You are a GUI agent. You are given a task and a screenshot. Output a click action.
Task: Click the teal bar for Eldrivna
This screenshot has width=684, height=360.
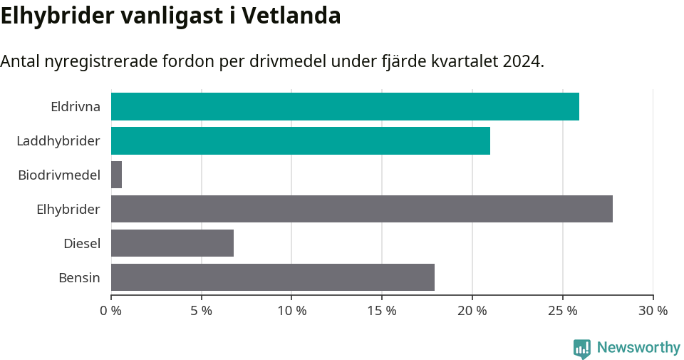(345, 106)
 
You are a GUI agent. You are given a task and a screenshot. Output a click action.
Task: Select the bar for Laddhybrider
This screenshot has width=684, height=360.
(300, 140)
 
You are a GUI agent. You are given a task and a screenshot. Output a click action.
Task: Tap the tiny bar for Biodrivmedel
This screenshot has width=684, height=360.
(116, 175)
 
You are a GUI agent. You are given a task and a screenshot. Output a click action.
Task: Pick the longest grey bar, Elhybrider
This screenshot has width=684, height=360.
(361, 209)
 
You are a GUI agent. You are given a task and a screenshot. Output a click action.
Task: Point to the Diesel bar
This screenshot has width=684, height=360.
(172, 243)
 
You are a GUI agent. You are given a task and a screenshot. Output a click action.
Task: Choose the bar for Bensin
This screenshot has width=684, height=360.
(272, 277)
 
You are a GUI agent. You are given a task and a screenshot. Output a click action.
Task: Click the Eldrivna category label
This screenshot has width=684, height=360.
(75, 107)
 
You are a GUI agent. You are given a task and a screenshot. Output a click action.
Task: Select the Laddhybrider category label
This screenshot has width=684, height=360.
(58, 141)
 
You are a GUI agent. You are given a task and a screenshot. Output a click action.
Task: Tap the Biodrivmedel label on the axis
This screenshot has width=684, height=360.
(58, 175)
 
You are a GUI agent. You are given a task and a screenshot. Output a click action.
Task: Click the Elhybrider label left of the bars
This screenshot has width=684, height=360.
(68, 210)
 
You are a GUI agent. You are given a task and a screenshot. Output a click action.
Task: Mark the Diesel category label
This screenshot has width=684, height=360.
(81, 244)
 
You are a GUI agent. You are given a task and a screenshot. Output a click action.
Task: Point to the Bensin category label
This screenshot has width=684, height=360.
(79, 278)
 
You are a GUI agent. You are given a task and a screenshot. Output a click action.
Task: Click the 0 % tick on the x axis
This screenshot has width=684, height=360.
(111, 311)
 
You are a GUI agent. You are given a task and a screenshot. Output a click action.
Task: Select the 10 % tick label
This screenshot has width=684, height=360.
(291, 311)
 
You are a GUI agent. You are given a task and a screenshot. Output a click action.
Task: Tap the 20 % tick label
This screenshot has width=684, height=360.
(472, 311)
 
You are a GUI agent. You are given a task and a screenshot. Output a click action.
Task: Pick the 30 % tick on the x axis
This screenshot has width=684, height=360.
(653, 311)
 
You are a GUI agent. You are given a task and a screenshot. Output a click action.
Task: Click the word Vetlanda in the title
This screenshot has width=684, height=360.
(291, 16)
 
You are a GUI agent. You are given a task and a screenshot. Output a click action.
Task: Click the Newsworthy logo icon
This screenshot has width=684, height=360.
(581, 348)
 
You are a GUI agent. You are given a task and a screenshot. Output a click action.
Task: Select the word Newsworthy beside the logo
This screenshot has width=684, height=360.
(638, 348)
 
